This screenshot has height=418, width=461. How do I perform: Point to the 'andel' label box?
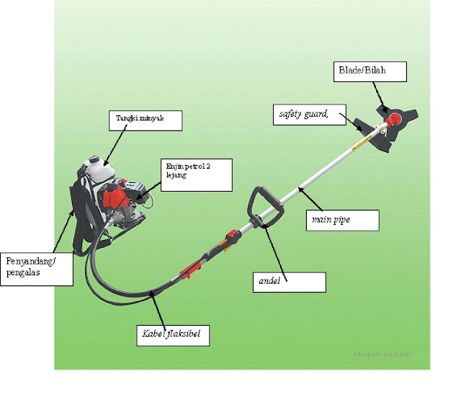click(x=289, y=281)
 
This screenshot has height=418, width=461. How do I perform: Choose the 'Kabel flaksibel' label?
click(x=174, y=334)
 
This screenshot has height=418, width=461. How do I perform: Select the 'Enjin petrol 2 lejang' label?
click(x=195, y=174)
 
